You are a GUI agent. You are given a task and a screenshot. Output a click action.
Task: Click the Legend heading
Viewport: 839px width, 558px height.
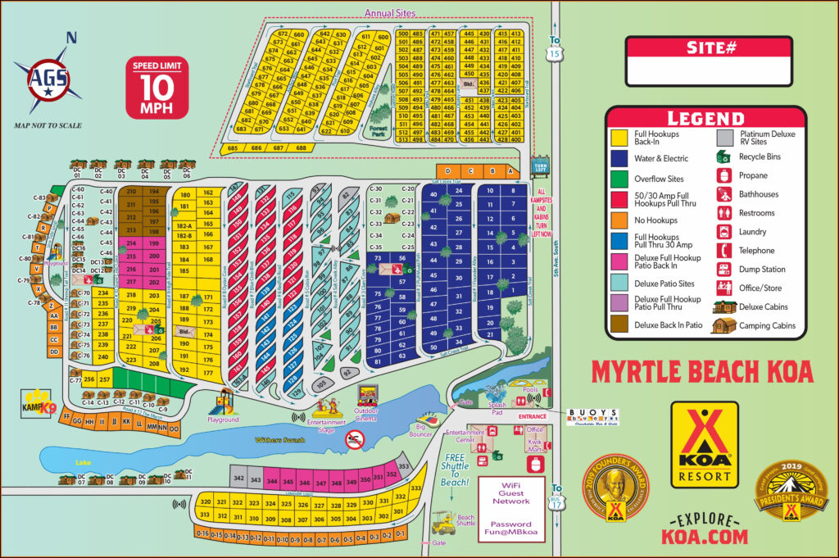pyautogui.click(x=705, y=118)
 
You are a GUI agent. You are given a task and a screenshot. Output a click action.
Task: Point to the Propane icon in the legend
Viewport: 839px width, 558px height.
pyautogui.click(x=723, y=175)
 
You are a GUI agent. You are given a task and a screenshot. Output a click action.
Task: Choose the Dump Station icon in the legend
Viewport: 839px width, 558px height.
pyautogui.click(x=723, y=269)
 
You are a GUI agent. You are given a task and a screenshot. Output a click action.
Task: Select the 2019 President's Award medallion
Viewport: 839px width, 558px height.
pyautogui.click(x=791, y=492)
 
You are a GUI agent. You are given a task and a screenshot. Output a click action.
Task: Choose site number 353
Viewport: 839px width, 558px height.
pyautogui.click(x=403, y=467)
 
